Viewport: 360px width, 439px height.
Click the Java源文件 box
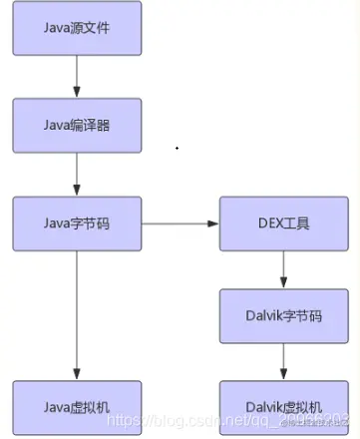pos(77,28)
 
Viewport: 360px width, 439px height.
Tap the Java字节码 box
pos(77,222)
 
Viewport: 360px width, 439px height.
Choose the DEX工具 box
pos(283,222)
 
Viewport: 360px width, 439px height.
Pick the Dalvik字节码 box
pos(283,314)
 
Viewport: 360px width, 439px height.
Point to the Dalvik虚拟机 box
pos(283,406)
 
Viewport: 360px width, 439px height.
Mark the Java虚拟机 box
pos(77,406)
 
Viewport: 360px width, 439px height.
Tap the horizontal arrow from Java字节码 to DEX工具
pos(180,222)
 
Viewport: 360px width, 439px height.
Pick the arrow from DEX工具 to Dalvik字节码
pos(283,268)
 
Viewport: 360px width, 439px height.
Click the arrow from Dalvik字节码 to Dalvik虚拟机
pos(283,360)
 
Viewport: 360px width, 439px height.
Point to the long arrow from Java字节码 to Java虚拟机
pos(77,314)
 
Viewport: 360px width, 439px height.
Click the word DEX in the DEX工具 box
pos(271,222)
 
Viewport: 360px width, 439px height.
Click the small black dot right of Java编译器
pos(178,148)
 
